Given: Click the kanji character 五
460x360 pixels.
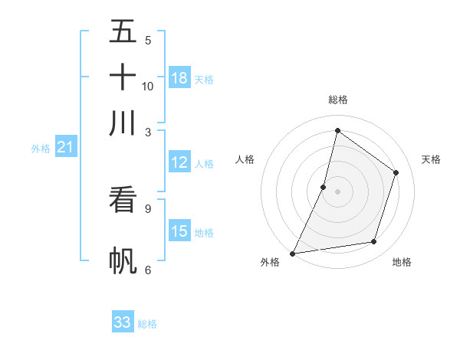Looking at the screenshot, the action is coord(123,31).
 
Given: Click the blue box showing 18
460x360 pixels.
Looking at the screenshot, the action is coord(179,78).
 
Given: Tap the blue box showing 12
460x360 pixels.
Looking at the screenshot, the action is coord(179,162).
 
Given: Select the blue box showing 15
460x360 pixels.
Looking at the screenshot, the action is coord(179,231).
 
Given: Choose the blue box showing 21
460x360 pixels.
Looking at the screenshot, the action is coord(65,148).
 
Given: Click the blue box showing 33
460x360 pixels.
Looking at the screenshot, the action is coord(123,322).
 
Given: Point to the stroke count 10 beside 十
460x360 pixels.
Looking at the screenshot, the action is coord(148,86).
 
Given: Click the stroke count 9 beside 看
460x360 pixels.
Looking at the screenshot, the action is coord(147,208).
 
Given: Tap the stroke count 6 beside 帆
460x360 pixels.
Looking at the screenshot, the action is coord(147,270).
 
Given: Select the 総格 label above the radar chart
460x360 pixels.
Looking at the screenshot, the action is coord(337,100).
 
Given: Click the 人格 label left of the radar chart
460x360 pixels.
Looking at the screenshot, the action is coord(245,159).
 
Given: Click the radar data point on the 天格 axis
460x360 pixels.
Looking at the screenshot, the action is coord(396,172).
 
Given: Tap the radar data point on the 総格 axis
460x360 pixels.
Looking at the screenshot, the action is coord(337,131).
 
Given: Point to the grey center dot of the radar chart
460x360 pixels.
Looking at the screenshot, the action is coord(337,191).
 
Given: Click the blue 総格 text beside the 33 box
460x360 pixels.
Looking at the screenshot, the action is coord(147,324).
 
